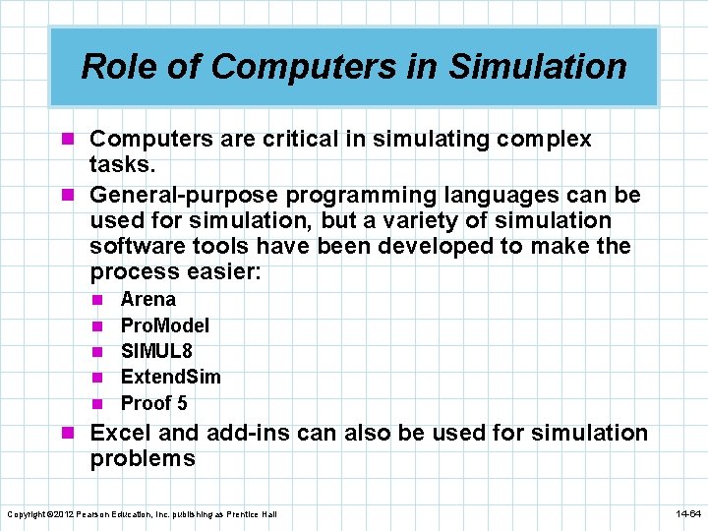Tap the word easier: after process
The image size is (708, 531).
pyautogui.click(x=225, y=271)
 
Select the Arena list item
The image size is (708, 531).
pyautogui.click(x=147, y=299)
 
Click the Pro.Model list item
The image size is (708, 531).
pyautogui.click(x=165, y=325)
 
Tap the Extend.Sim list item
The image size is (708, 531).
pyautogui.click(x=170, y=377)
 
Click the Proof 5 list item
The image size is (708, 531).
pyautogui.click(x=153, y=403)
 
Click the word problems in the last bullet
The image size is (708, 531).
pyautogui.click(x=143, y=458)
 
